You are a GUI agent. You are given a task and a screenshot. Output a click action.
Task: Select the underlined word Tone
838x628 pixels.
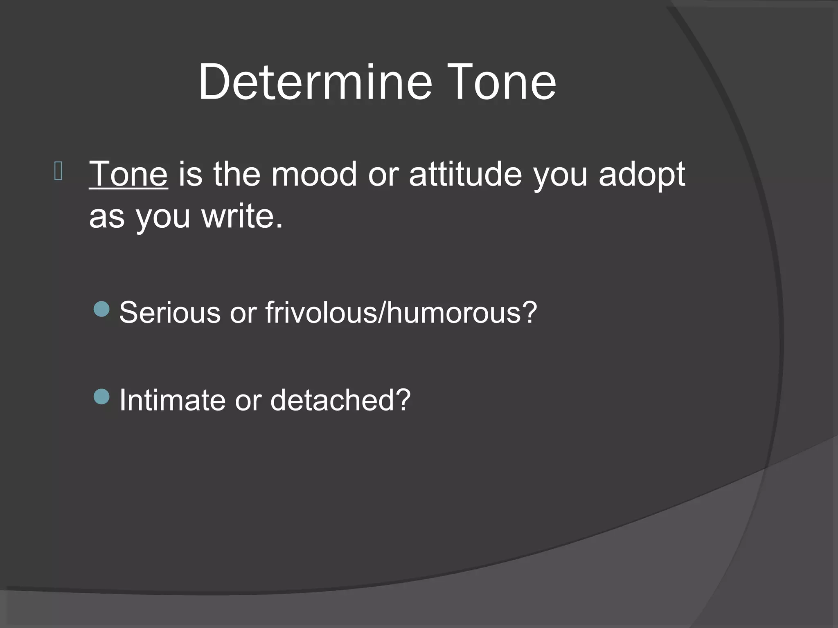(x=128, y=174)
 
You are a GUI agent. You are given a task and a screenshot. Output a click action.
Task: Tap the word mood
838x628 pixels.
(x=314, y=174)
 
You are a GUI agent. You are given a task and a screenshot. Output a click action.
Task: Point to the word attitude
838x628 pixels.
(x=465, y=174)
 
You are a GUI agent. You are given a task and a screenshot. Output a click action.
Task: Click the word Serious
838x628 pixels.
(x=170, y=313)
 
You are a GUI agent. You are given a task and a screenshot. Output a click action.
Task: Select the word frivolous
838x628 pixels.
(x=321, y=313)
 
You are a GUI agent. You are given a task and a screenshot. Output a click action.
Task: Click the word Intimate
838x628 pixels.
(x=172, y=400)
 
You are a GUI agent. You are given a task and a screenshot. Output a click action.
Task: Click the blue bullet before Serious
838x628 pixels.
(x=101, y=309)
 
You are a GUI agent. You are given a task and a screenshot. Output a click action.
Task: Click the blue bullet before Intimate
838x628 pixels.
(x=101, y=396)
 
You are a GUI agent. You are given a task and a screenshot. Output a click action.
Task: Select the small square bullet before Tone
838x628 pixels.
(x=58, y=171)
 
